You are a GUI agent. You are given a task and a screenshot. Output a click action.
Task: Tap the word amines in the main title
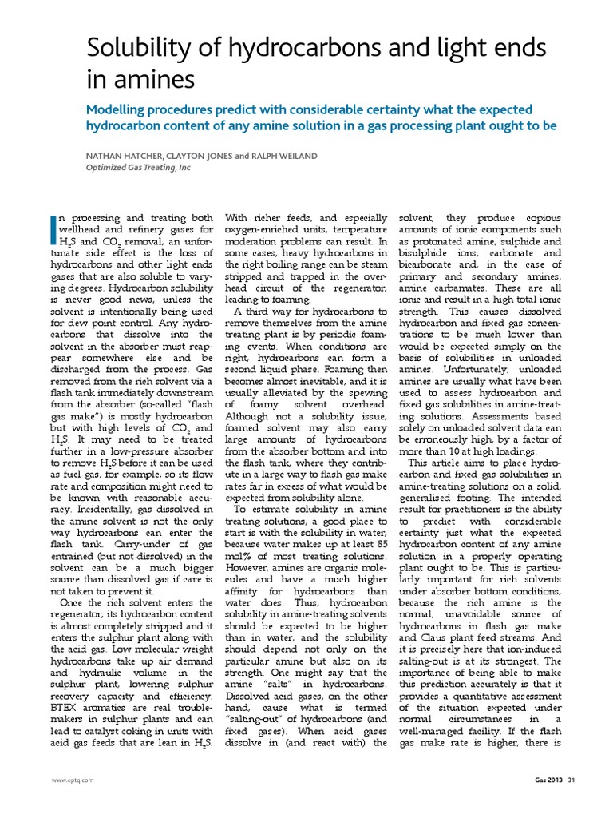tap(152, 81)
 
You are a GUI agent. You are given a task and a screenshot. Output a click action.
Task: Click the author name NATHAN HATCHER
tap(126, 157)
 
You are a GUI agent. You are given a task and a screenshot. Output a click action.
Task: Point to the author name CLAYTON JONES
tap(207, 157)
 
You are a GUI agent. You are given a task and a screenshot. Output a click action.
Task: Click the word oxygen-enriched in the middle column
tap(259, 230)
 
